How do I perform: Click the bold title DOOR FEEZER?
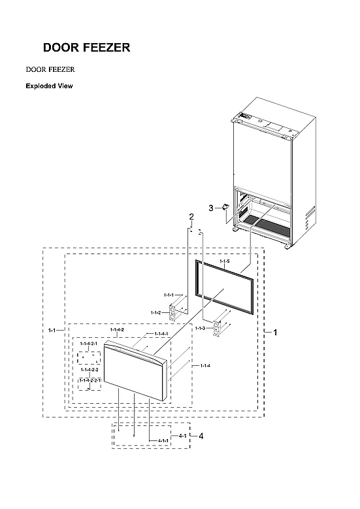pyautogui.click(x=86, y=48)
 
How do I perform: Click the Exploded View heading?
pyautogui.click(x=49, y=86)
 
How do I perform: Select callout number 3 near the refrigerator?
pyautogui.click(x=211, y=208)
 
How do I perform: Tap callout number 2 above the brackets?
pyautogui.click(x=191, y=216)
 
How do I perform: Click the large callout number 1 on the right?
pyautogui.click(x=275, y=333)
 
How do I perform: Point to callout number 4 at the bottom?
pyautogui.click(x=201, y=436)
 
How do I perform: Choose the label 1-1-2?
pyautogui.click(x=155, y=312)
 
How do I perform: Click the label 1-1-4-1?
pyautogui.click(x=161, y=335)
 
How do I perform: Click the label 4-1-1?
pyautogui.click(x=163, y=441)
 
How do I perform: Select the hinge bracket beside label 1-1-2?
pyautogui.click(x=174, y=312)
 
